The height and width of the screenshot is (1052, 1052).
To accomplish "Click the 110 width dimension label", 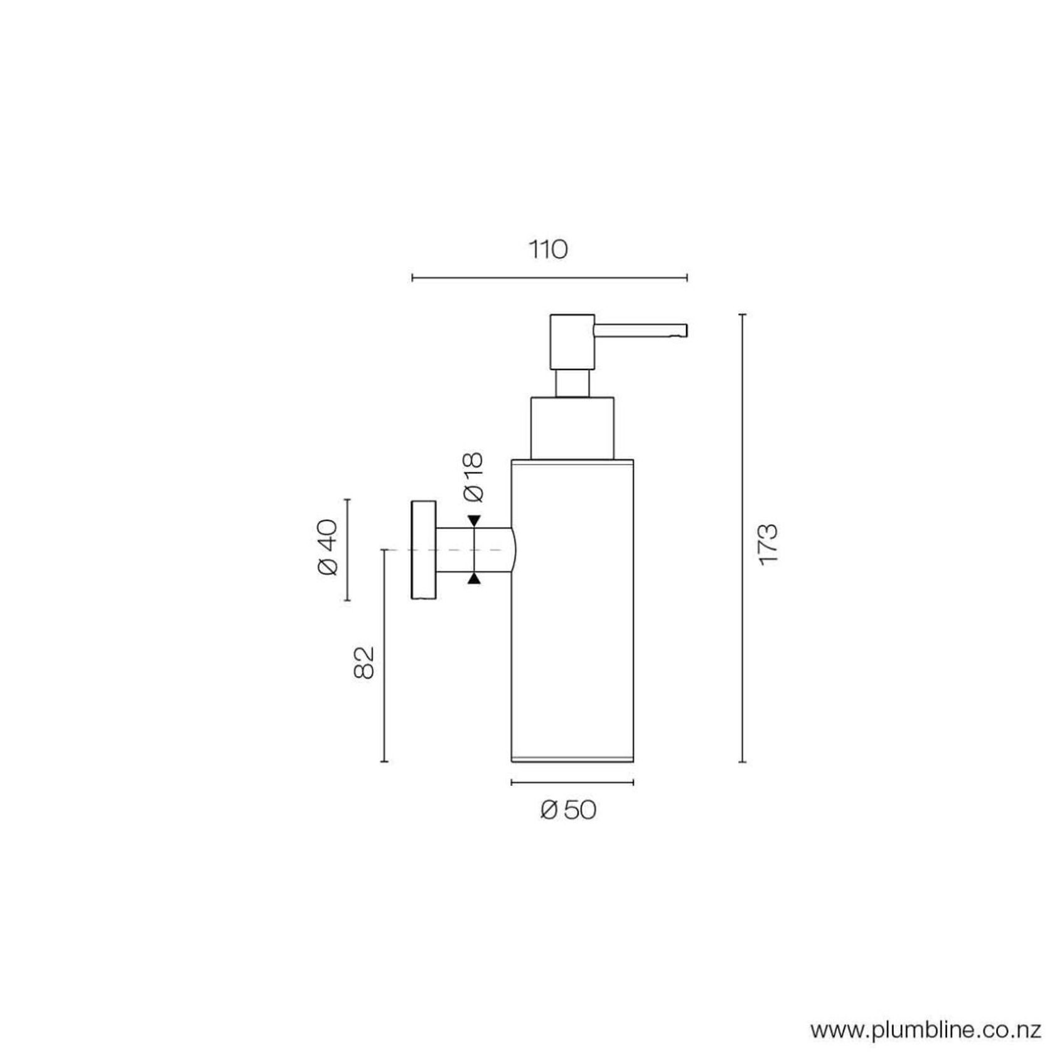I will point(548,250).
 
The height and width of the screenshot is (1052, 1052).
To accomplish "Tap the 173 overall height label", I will point(768,544).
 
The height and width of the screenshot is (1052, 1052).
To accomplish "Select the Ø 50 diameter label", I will point(568,810).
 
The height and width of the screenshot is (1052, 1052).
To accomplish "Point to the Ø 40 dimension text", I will point(328,547).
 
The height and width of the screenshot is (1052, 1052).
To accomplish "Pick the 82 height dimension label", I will point(364,662).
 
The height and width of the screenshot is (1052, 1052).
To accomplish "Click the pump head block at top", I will point(572,341).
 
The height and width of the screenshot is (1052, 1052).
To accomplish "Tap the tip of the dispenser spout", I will point(685,331).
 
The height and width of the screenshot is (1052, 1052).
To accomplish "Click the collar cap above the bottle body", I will point(572,427).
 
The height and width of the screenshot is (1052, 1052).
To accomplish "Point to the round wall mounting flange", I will point(423,550).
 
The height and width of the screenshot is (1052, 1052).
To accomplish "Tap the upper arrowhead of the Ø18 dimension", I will point(474,521).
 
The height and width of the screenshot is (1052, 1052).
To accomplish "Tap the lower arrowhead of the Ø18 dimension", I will point(474,579).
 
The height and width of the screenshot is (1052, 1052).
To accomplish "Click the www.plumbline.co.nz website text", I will point(926,1030).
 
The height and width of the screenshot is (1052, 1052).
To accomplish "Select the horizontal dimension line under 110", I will point(549,277).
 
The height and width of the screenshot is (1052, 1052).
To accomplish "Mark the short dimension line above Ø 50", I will point(572,782).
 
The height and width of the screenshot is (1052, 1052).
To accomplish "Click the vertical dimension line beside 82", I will point(384,656).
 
